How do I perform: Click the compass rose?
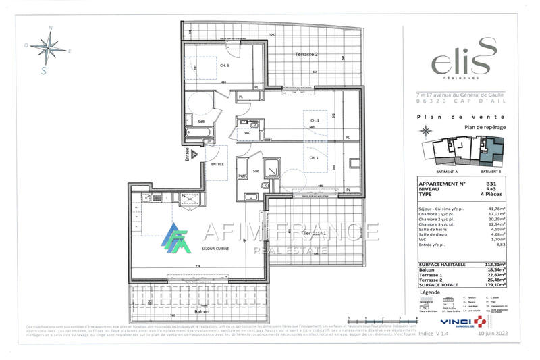click(x=48, y=47)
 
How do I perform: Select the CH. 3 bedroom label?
click(x=225, y=66)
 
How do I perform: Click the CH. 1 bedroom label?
click(x=313, y=157)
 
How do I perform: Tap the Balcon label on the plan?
click(x=201, y=311)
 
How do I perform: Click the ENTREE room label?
click(x=217, y=164)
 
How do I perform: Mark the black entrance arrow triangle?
click(x=194, y=154)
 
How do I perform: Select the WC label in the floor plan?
click(x=229, y=133)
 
